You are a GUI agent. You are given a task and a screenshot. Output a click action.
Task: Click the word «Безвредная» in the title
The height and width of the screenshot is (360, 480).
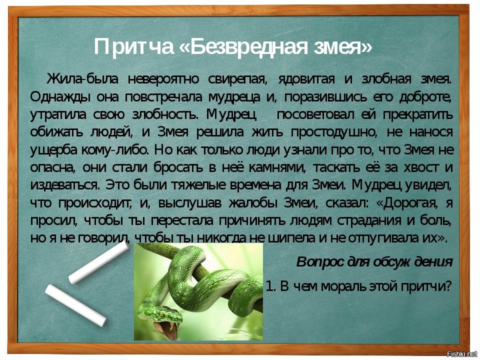pos(248,47)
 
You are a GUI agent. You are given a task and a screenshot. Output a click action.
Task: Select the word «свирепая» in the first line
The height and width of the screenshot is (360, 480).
pos(237,79)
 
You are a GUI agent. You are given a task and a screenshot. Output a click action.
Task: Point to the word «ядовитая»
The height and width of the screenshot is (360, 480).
pos(306,79)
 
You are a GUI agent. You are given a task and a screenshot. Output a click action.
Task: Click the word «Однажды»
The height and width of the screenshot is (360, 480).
pos(60,97)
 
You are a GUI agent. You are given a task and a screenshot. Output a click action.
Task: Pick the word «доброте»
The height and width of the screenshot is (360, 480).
pos(425,97)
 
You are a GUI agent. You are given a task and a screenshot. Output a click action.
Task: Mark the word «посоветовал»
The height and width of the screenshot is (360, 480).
pos(315,115)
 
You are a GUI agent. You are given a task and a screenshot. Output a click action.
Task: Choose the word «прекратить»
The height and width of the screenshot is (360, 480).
pos(417,115)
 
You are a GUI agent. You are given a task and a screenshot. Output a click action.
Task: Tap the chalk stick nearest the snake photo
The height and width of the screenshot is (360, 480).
pos(99,262)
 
